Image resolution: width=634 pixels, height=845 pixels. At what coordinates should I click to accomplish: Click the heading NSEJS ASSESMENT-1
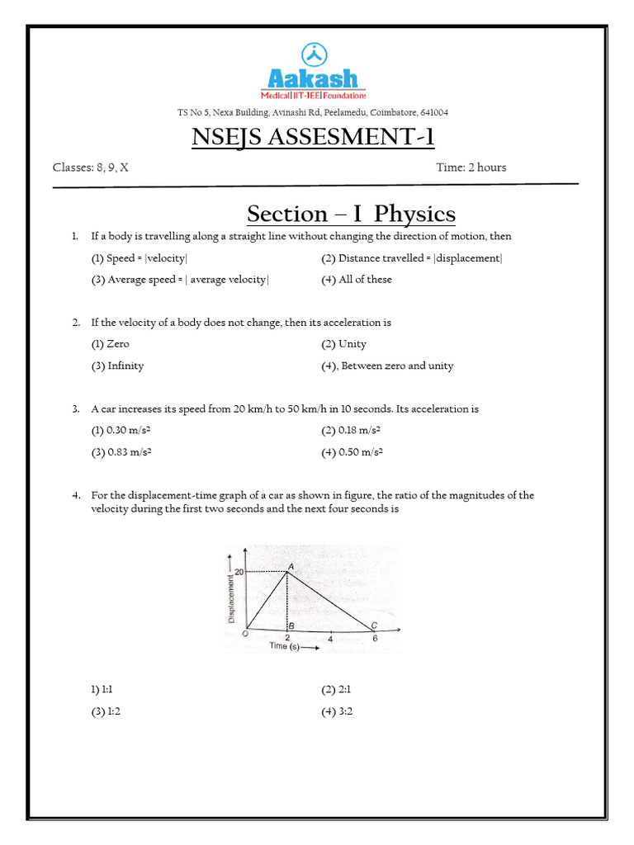pyautogui.click(x=313, y=136)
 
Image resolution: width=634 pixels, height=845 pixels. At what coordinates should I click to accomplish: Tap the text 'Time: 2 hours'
pyautogui.click(x=471, y=168)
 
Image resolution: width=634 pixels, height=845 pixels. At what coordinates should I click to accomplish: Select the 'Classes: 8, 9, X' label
pyautogui.click(x=91, y=168)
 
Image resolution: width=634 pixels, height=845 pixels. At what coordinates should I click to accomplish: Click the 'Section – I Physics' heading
pyautogui.click(x=351, y=214)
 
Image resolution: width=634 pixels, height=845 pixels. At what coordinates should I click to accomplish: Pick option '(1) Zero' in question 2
pyautogui.click(x=110, y=344)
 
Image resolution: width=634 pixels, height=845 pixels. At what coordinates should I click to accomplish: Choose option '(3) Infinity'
pyautogui.click(x=117, y=366)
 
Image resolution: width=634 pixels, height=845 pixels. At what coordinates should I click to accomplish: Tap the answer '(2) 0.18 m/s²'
pyautogui.click(x=352, y=431)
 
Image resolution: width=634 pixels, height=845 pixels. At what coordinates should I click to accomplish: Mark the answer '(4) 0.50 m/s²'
pyautogui.click(x=352, y=452)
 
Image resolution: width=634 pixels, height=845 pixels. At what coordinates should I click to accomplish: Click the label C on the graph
pyautogui.click(x=374, y=625)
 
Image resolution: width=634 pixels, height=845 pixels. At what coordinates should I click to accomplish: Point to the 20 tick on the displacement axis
pyautogui.click(x=239, y=571)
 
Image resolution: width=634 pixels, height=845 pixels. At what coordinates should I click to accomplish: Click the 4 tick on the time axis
pyautogui.click(x=331, y=639)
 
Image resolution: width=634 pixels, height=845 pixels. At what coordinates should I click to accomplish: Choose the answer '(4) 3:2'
pyautogui.click(x=337, y=711)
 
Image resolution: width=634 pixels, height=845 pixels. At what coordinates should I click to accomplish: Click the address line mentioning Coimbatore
pyautogui.click(x=313, y=112)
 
